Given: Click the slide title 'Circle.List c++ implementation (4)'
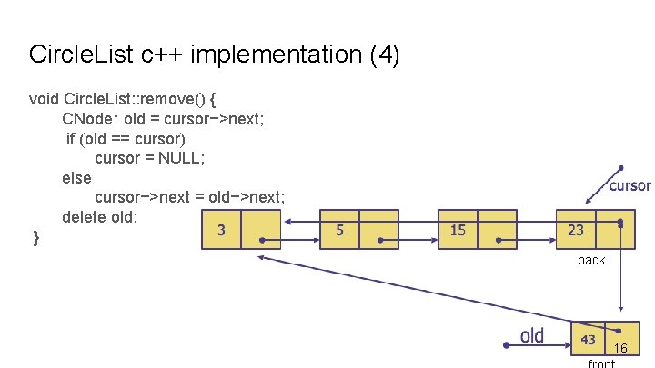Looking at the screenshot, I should [214, 55].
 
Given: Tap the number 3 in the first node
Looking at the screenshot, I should [222, 230].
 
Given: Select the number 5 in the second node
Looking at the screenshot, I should [340, 230].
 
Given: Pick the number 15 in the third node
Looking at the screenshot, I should [458, 230].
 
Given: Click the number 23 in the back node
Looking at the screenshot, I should [576, 230].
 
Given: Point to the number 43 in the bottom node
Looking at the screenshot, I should [589, 339].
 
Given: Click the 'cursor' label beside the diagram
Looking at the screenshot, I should [629, 185].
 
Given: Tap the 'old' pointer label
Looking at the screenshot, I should [532, 336].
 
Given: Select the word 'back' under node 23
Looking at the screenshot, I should [591, 260].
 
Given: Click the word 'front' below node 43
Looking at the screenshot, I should [601, 363].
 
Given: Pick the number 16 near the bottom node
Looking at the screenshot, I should [620, 348].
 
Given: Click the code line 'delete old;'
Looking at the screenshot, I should [100, 217].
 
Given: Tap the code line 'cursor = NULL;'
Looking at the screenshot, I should [150, 158].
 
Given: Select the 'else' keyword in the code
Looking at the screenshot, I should [76, 178].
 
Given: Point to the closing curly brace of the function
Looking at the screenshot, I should [35, 238].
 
